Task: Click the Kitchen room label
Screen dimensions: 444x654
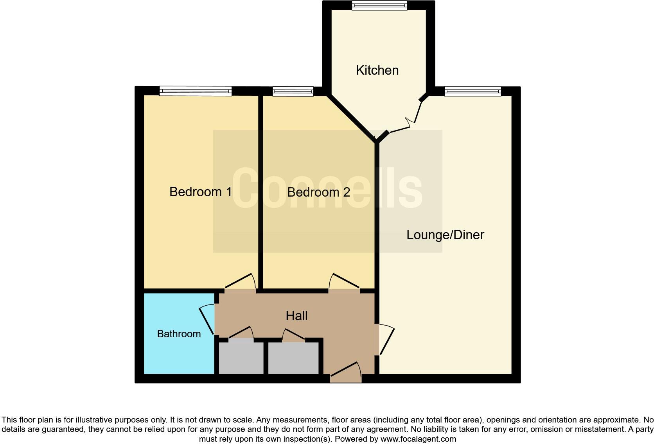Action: click(x=377, y=70)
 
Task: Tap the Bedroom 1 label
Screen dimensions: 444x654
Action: click(x=200, y=192)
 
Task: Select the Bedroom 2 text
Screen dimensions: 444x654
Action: click(x=318, y=192)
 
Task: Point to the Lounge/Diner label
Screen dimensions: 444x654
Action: click(x=445, y=235)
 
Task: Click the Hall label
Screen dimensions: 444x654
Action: click(x=296, y=316)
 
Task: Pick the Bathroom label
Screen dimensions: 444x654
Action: click(x=179, y=334)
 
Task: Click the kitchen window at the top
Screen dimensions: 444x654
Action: click(x=379, y=5)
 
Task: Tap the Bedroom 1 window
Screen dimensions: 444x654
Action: click(x=196, y=91)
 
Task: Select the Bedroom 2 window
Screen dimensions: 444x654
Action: click(x=293, y=91)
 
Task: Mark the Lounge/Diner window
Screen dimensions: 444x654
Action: click(x=473, y=91)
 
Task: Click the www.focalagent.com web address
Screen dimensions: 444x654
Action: click(x=418, y=439)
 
